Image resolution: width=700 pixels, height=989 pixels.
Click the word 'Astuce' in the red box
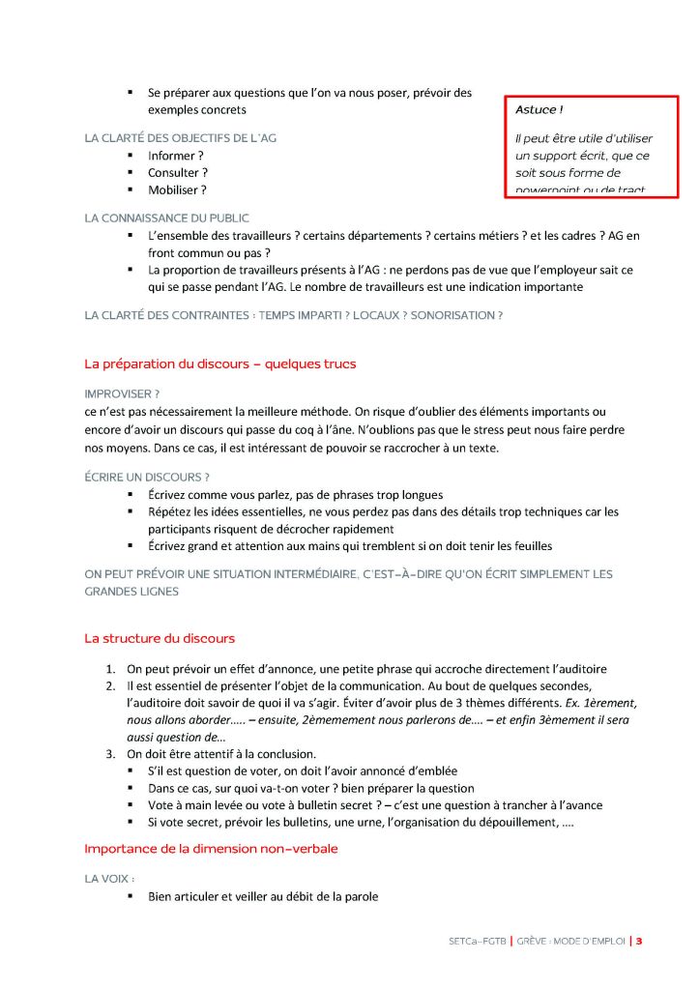[x=535, y=109]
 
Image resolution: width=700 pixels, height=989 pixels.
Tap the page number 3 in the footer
[x=639, y=940]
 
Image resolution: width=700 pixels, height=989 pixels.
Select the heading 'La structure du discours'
[x=160, y=639]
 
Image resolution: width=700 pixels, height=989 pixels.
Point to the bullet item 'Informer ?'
[x=175, y=156]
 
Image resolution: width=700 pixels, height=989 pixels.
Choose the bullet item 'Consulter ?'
[x=178, y=173]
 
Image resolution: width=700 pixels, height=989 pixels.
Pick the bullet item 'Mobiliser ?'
[x=177, y=190]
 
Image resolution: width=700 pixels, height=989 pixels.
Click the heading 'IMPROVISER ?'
[x=122, y=394]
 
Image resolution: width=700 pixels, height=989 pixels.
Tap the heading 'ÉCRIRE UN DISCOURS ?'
[x=147, y=477]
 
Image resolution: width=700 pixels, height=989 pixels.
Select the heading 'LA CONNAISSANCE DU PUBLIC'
[x=166, y=218]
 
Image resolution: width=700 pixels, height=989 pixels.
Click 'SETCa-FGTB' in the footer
[x=476, y=940]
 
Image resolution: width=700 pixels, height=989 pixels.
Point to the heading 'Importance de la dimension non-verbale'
[x=211, y=849]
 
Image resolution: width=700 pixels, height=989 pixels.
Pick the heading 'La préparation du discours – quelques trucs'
[x=220, y=364]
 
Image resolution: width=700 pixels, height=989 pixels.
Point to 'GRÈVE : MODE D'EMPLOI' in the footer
[x=570, y=940]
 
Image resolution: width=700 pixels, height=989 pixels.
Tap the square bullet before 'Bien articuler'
[x=131, y=897]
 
